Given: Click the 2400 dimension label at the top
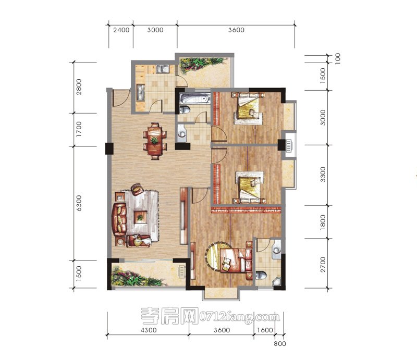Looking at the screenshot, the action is point(121,30).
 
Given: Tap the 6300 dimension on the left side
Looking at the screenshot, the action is point(79,203).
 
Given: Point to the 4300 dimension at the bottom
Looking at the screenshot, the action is point(149,330).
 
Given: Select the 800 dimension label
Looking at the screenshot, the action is point(280,343).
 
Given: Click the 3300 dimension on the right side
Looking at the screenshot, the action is point(323,175).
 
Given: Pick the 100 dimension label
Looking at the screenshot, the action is point(337,59).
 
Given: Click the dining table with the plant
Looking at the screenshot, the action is point(155,141).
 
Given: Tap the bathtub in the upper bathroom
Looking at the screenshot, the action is point(194,98).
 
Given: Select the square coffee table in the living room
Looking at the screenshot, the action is point(140,217).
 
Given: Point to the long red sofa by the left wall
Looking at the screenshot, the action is point(119,219).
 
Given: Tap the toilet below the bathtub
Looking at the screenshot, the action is point(185,109).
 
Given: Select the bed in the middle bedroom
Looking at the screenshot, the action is point(250,188).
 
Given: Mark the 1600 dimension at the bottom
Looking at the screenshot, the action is point(265,330).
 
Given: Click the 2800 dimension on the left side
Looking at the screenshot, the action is point(79,87).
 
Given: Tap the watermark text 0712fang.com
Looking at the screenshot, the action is point(240,317).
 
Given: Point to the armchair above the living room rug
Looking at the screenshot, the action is point(138,189).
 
